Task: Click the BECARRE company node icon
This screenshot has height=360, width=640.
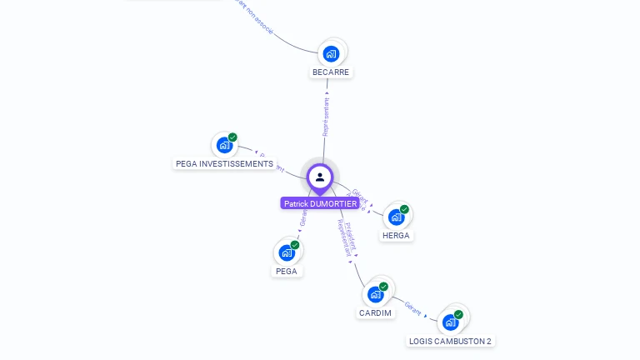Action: click(x=331, y=53)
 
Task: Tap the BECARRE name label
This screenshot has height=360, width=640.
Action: click(x=331, y=72)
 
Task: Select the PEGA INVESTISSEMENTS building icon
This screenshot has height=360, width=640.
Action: click(x=223, y=145)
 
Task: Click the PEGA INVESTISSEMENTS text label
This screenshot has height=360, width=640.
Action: click(x=225, y=164)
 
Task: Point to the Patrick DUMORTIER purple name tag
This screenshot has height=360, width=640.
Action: click(x=320, y=203)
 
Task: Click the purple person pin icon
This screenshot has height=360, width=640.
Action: click(x=320, y=177)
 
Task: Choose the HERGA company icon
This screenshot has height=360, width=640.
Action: click(x=396, y=217)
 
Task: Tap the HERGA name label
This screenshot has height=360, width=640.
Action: click(x=396, y=236)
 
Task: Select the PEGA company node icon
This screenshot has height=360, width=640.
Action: click(x=287, y=252)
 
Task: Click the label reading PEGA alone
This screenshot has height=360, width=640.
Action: click(x=287, y=272)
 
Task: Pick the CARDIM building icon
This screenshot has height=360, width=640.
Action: click(x=375, y=294)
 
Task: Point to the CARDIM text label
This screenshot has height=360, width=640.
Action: click(x=375, y=313)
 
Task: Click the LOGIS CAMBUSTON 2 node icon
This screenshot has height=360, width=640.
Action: click(x=450, y=322)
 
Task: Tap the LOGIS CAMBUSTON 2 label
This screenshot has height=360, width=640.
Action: click(x=450, y=341)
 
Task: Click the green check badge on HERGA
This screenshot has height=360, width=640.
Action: click(x=404, y=209)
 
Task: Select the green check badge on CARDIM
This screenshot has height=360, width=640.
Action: click(x=383, y=287)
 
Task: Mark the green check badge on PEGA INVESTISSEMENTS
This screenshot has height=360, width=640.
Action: click(x=232, y=137)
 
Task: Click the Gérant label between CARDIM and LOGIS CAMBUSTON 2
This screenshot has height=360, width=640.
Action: click(x=412, y=307)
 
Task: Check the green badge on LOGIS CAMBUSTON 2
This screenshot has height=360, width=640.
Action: click(x=458, y=314)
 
